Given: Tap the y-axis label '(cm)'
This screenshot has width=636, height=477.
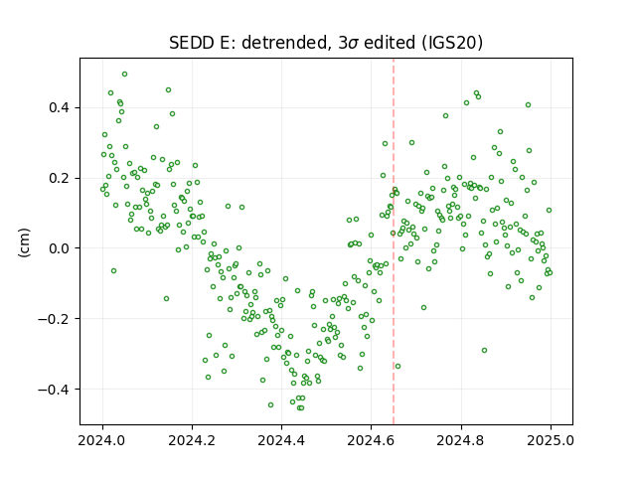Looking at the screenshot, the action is tap(24, 242).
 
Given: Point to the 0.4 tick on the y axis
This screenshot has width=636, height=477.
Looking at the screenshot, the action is tap(60, 108).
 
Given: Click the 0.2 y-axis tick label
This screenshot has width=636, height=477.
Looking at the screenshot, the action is tap(60, 178).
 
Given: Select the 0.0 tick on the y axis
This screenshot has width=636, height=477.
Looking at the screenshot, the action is tap(60, 248).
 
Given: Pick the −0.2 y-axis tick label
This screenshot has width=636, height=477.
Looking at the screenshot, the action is tap(54, 319).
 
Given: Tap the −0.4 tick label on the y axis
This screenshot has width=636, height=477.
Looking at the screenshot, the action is tap(54, 390).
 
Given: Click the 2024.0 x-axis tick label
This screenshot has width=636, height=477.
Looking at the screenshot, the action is tap(102, 440).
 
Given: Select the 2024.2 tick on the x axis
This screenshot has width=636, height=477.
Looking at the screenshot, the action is tap(192, 440).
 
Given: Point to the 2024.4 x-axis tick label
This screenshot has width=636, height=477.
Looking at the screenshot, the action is tap(281, 440).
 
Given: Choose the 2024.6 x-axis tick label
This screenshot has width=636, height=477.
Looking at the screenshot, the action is tap(371, 440).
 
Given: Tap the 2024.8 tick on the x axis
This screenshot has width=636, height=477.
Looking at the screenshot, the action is tap(461, 440).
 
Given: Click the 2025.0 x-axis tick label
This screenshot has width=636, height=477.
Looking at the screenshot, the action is tap(551, 440).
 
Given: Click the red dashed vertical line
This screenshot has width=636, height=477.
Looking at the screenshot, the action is tap(394, 241).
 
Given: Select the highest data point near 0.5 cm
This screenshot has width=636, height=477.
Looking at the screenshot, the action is tap(124, 75).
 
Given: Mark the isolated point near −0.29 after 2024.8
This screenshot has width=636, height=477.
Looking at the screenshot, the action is tap(484, 350).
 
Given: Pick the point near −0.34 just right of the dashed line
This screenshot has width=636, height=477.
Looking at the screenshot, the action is tap(397, 367).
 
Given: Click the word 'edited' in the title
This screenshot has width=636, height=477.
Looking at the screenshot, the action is tap(390, 43).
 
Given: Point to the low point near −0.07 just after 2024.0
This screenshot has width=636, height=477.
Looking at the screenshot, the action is tap(113, 270).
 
